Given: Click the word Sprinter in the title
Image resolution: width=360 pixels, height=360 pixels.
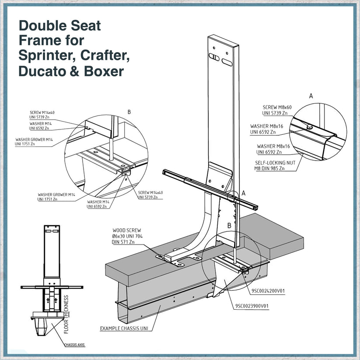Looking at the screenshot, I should pos(43,56).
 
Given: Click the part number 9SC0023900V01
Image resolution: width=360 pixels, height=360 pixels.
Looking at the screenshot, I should pos(251,306).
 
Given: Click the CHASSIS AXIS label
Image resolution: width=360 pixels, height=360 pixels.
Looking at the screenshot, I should pos(75,345).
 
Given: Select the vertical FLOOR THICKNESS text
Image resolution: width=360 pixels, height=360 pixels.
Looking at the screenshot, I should pos(67,315).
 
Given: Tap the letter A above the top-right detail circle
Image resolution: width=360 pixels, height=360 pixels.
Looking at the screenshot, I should pos(311,96).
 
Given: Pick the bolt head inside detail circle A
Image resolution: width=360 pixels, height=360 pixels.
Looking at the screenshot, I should pos(309,127).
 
